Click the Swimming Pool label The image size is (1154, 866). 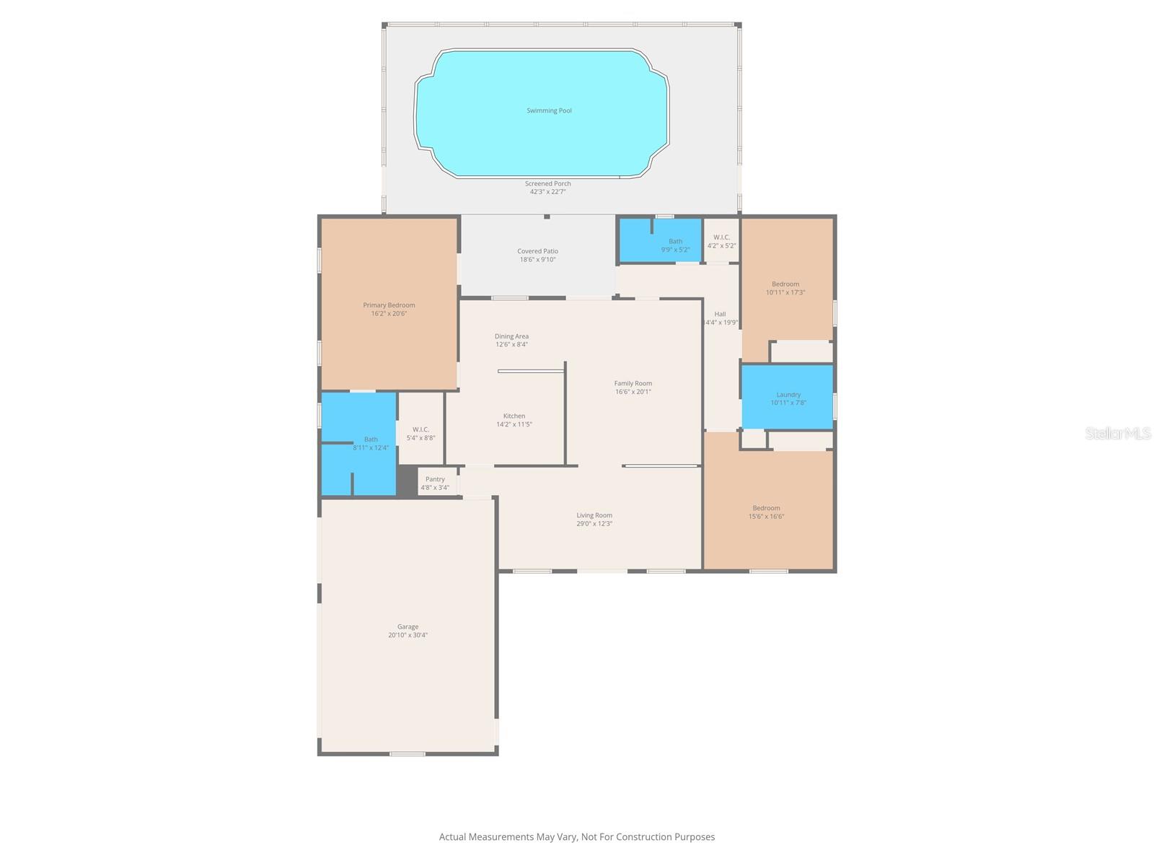click(549, 110)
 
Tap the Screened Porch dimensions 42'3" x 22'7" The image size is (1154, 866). click(547, 192)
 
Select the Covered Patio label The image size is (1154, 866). click(537, 251)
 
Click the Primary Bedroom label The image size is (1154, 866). click(389, 305)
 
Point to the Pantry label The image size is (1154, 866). click(435, 479)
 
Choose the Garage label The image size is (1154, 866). click(408, 627)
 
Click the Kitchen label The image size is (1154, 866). click(514, 416)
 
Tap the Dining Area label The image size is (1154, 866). click(511, 336)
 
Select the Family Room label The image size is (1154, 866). click(633, 384)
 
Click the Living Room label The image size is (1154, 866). click(594, 515)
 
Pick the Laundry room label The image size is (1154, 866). click(788, 395)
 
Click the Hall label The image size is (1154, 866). click(720, 314)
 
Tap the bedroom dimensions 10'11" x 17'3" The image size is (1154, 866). click(785, 292)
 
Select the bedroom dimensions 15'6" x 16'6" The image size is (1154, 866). click(766, 516)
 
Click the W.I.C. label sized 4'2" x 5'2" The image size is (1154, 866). click(721, 237)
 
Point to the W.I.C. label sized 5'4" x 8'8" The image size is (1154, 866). click(420, 429)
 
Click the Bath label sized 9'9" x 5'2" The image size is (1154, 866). click(675, 242)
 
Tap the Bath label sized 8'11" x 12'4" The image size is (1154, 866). click(371, 439)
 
